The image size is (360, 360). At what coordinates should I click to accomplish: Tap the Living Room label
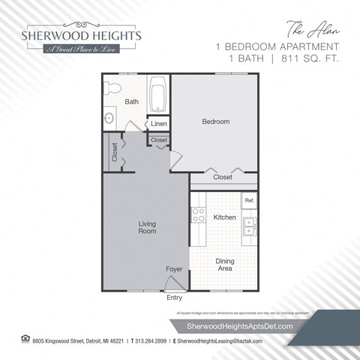147,227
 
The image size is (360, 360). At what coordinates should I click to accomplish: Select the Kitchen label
225,217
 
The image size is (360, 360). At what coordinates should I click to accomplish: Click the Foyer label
174,268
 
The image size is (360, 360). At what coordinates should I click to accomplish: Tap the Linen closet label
158,124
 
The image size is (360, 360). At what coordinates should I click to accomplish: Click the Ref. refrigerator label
248,201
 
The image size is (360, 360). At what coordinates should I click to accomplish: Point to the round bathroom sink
110,117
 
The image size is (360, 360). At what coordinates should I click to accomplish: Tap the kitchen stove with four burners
199,216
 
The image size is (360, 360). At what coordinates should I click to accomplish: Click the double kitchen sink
250,226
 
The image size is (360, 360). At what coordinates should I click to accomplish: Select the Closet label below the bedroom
223,178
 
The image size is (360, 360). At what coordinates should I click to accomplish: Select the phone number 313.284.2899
148,342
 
